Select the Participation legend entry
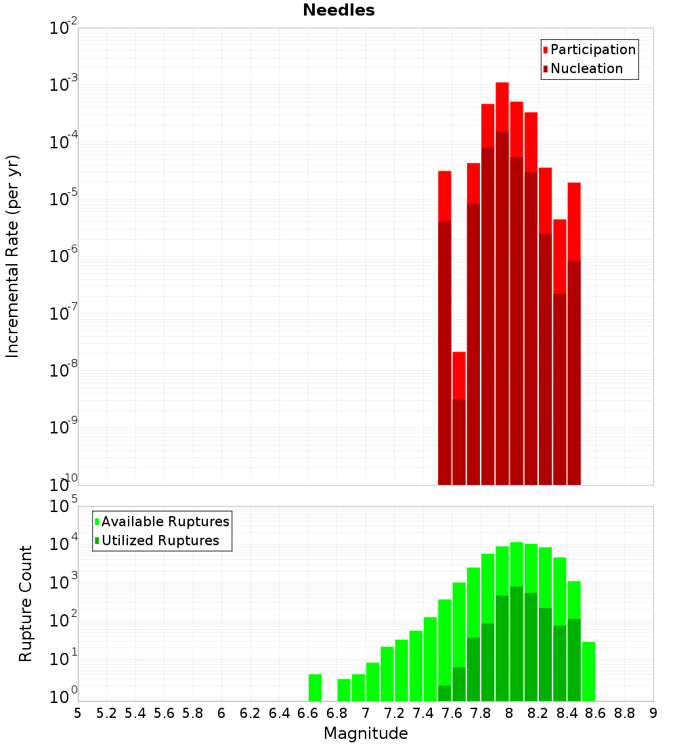tap(592, 49)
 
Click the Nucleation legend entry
tap(586, 68)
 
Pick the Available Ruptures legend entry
tap(165, 521)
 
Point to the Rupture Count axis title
tap(26, 603)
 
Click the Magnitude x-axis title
tap(366, 733)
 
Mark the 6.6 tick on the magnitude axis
tap(308, 713)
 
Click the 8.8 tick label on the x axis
tap(624, 713)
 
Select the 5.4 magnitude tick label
tap(135, 713)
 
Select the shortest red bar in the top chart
tap(459, 375)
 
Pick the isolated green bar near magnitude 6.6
tap(315, 687)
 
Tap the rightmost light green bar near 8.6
tap(588, 671)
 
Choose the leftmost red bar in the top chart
tap(445, 196)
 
